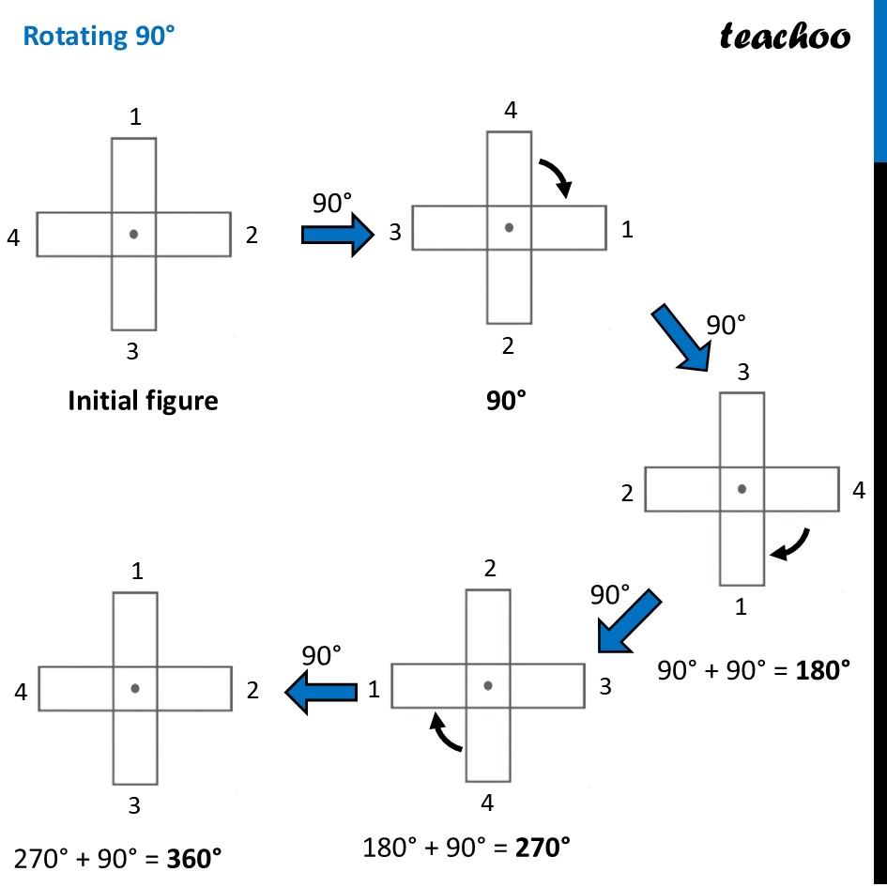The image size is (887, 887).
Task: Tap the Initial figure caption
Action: pyautogui.click(x=143, y=402)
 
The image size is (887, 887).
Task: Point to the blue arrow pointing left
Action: pyautogui.click(x=322, y=692)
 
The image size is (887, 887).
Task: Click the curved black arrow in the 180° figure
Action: pyautogui.click(x=789, y=544)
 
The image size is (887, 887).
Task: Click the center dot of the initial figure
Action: pyautogui.click(x=134, y=234)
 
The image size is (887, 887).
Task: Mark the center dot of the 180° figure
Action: pyautogui.click(x=742, y=489)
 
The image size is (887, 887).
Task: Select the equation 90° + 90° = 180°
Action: pyautogui.click(x=754, y=669)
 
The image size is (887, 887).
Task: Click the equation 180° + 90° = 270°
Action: pyautogui.click(x=466, y=848)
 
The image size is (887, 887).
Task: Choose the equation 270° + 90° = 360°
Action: pyautogui.click(x=118, y=858)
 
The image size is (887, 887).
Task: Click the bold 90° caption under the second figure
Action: pyautogui.click(x=507, y=402)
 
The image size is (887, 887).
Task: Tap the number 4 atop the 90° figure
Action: pyautogui.click(x=510, y=111)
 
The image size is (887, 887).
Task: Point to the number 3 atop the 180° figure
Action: pyautogui.click(x=742, y=373)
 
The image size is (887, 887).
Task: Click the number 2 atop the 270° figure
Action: pyautogui.click(x=489, y=568)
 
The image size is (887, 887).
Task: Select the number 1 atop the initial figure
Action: pyautogui.click(x=136, y=118)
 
